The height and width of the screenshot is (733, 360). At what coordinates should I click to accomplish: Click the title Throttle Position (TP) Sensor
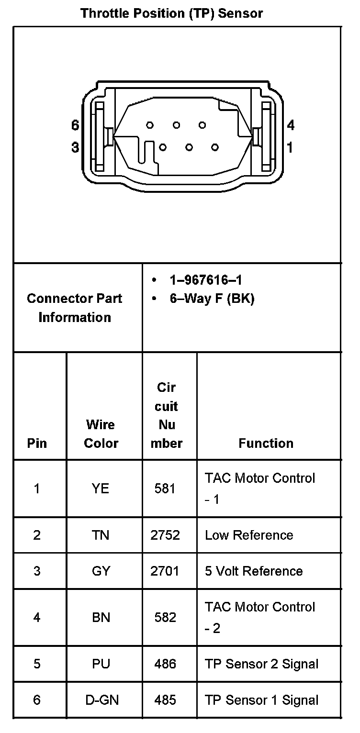click(172, 13)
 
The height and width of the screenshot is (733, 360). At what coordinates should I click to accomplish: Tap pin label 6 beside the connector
click(75, 125)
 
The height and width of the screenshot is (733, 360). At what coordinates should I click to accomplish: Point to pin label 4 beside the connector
click(291, 125)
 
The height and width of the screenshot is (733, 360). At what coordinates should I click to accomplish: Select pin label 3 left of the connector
click(75, 147)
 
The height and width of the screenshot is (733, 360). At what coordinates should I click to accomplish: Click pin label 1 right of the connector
click(290, 147)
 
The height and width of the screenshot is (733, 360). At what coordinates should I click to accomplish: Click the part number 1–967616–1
click(209, 280)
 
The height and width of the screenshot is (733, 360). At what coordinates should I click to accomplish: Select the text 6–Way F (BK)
click(212, 299)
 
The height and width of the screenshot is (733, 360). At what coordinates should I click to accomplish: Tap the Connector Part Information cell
click(75, 308)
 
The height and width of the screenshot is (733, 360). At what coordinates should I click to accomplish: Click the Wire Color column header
click(101, 433)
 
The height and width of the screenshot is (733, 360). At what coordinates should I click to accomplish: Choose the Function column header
click(266, 443)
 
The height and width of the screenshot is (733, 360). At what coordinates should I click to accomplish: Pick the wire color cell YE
click(101, 489)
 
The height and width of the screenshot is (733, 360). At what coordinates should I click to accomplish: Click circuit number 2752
click(165, 535)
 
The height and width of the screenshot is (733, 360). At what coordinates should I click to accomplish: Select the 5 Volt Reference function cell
click(254, 571)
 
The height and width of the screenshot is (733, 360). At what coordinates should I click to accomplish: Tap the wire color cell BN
click(101, 617)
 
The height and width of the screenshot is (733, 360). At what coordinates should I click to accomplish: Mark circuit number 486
click(165, 664)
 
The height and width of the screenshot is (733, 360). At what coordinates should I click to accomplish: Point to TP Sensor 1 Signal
click(261, 700)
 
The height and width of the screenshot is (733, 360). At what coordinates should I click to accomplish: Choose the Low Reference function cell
click(249, 535)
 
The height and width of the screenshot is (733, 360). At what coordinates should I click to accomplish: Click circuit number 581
click(165, 489)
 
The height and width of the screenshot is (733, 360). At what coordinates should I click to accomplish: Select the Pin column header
click(37, 443)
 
